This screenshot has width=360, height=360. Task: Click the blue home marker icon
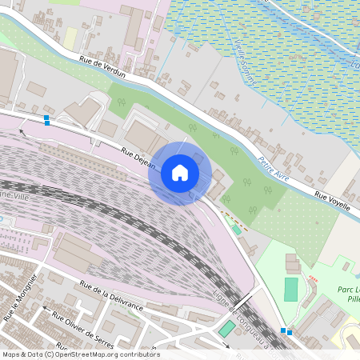(180, 173)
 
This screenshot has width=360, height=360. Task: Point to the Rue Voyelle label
(331, 199)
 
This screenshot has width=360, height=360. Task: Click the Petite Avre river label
(273, 165)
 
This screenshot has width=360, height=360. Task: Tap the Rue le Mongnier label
(20, 296)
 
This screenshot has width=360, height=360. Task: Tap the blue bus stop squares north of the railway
(46, 120)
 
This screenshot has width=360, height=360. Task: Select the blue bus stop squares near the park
(286, 330)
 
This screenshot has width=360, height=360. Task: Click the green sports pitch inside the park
(290, 290)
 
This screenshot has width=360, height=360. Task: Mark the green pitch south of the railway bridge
(227, 328)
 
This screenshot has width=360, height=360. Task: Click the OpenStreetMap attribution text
(80, 354)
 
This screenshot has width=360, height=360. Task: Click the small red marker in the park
(313, 278)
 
